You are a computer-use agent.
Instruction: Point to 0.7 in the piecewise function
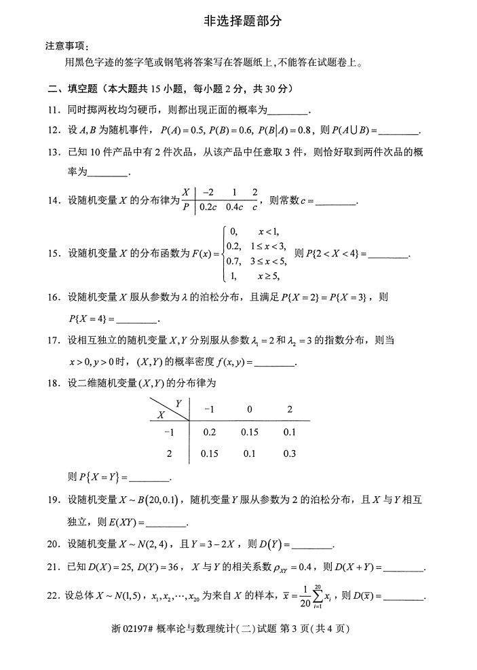[x=234, y=261]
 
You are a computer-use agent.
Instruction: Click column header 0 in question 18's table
[x=250, y=409]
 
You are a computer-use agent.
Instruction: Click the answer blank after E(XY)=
[x=166, y=522]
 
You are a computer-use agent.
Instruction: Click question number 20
[x=53, y=544]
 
